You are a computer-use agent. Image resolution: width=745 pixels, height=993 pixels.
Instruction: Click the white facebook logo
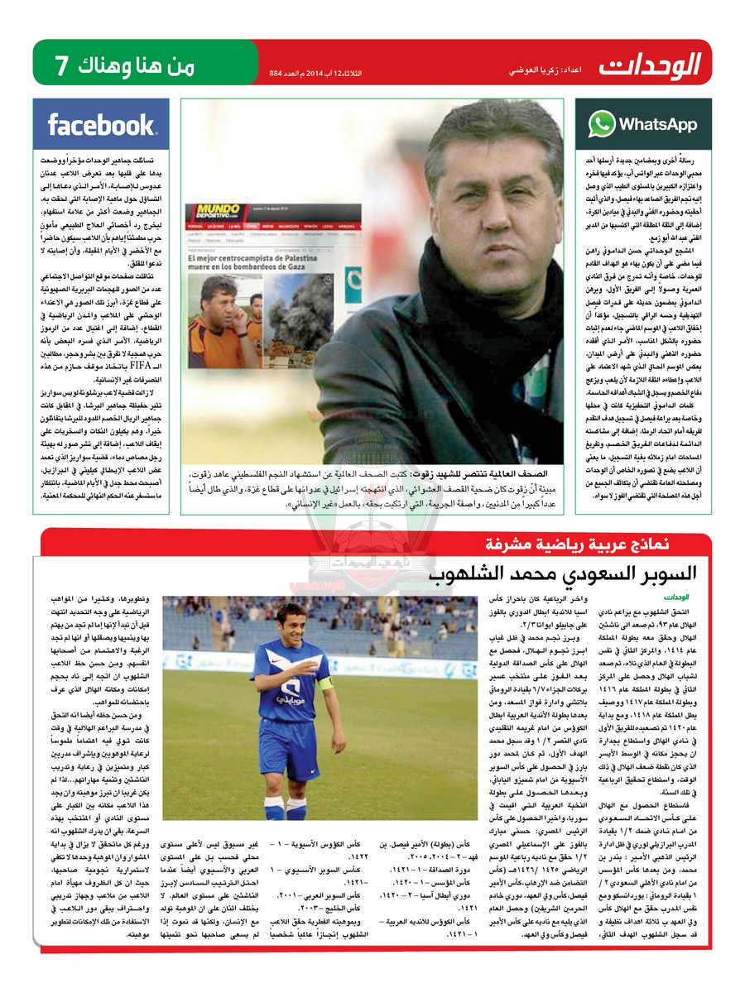[101, 125]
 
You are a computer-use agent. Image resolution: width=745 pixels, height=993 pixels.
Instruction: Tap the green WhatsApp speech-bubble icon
[602, 124]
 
